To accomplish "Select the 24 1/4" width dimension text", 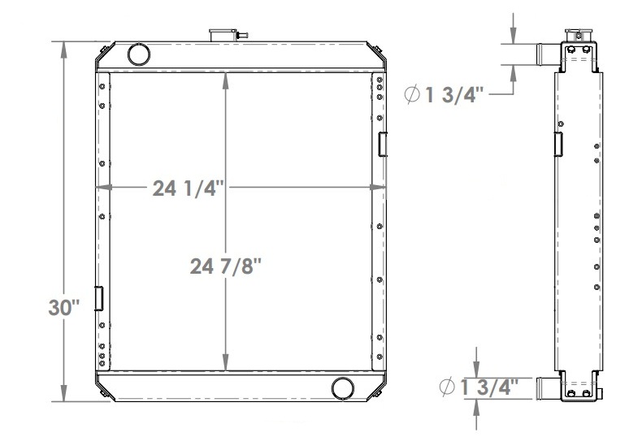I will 188,188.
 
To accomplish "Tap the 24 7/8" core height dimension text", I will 226,266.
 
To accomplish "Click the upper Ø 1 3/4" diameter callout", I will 445,95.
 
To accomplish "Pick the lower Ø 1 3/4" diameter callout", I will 479,387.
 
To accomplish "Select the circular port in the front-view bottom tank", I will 343,388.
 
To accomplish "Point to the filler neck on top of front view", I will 222,36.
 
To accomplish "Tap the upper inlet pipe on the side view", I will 549,54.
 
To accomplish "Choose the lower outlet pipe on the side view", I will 549,388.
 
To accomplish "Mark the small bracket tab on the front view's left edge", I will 99,298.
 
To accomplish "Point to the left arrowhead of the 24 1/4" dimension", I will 102,188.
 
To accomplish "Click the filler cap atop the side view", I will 579,34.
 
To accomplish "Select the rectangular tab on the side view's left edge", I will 558,143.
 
